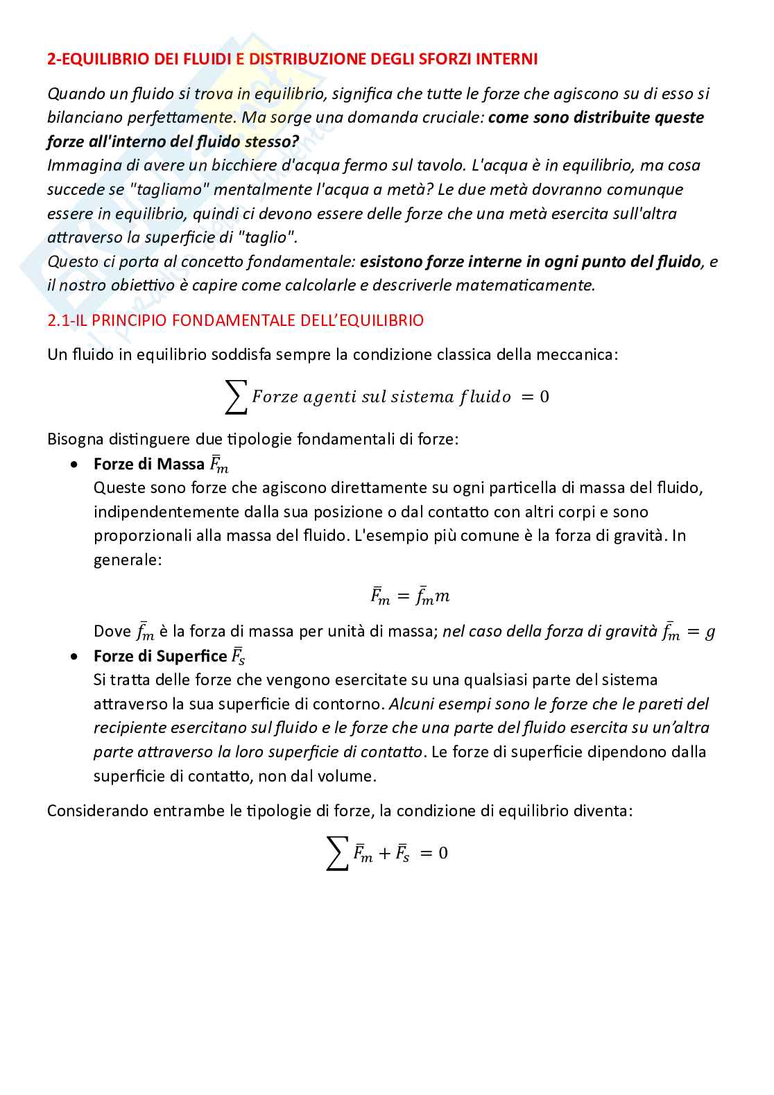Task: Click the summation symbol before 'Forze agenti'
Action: click(x=237, y=398)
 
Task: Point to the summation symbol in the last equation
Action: click(x=337, y=854)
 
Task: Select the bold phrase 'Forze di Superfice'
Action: click(x=160, y=656)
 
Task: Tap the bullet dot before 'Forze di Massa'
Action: click(x=74, y=465)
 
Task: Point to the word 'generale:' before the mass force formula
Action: click(x=127, y=560)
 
